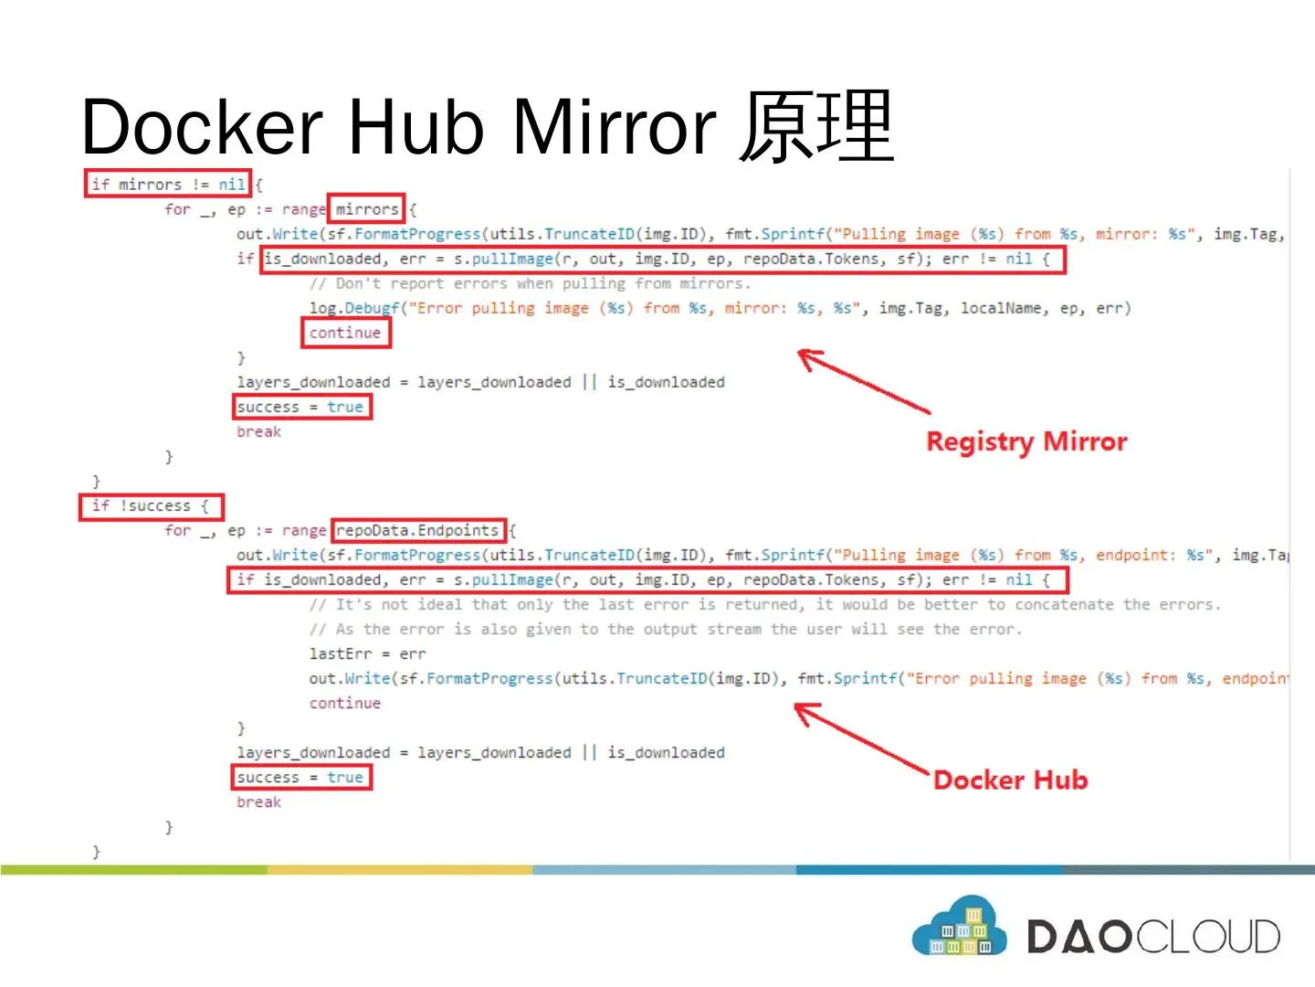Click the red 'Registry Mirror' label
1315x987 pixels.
[x=1026, y=442]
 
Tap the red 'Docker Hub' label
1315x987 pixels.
[x=1010, y=780]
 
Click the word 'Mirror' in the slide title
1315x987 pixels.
[x=614, y=126]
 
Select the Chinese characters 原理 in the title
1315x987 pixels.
[x=815, y=126]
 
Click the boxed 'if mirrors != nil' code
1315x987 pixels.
[x=167, y=185]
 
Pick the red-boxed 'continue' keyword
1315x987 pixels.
[x=345, y=333]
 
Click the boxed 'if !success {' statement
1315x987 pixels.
[x=151, y=506]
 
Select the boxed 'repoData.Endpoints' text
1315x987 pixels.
[x=417, y=530]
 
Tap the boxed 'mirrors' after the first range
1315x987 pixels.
[x=366, y=209]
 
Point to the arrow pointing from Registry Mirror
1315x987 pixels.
[x=862, y=381]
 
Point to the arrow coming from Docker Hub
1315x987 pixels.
[x=860, y=738]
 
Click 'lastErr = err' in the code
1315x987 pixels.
[x=367, y=653]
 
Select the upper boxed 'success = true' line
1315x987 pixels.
[x=300, y=407]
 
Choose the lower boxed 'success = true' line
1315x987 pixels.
[x=300, y=777]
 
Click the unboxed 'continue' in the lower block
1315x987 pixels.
[x=344, y=703]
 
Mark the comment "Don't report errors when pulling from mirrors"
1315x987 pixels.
[x=530, y=283]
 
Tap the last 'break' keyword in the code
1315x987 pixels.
[x=258, y=801]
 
